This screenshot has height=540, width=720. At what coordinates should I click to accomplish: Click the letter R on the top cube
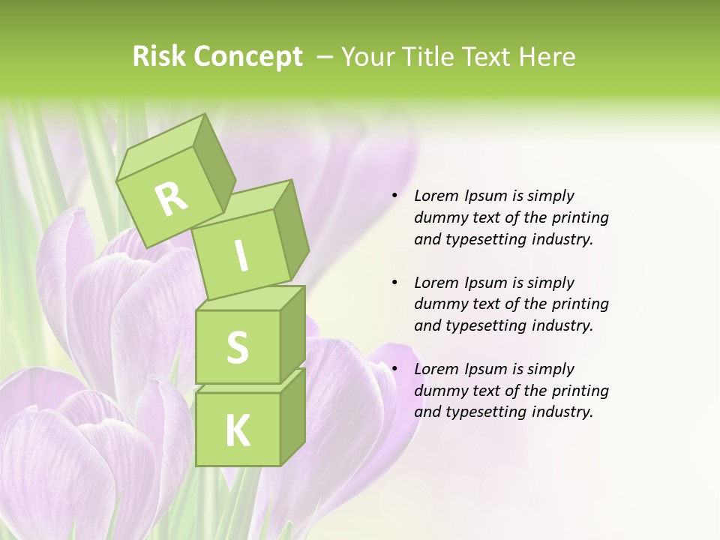(171, 198)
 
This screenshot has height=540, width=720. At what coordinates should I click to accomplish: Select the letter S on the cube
(237, 346)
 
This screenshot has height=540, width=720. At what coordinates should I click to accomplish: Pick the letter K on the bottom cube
(237, 430)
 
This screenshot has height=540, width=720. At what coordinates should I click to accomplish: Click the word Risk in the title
(158, 56)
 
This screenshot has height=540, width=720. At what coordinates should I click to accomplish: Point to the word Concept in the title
(248, 56)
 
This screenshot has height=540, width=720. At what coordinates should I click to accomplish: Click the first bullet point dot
(395, 196)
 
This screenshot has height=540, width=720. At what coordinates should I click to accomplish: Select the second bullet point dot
(395, 283)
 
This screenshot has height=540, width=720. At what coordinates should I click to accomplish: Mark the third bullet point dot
(395, 369)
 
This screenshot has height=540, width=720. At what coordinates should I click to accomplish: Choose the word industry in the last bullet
(560, 412)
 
